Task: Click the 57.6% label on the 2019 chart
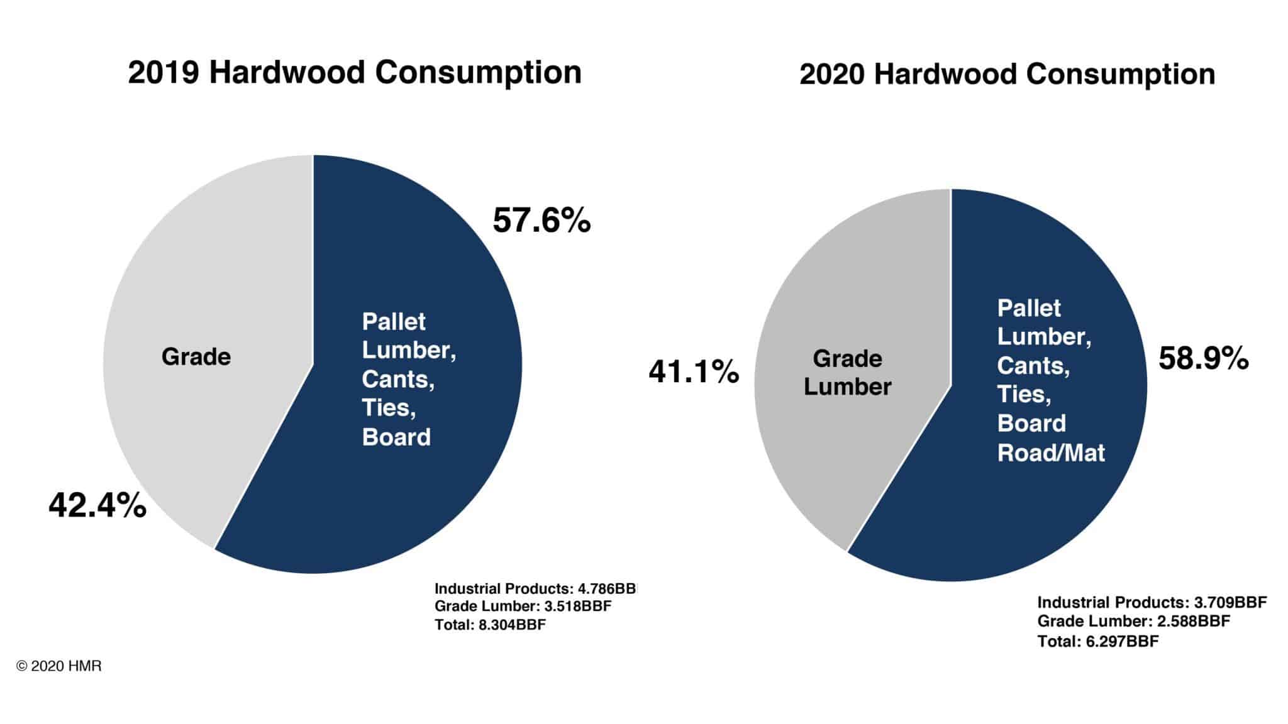[x=541, y=221]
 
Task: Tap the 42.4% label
[x=97, y=505]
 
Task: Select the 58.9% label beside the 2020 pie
[x=1203, y=359]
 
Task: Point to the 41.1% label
[x=694, y=371]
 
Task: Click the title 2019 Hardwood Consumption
[x=355, y=72]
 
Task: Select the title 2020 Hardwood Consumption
[x=1007, y=74]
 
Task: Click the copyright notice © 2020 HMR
[x=59, y=666]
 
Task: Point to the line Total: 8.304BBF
[x=490, y=625]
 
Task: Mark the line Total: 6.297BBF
[x=1097, y=641]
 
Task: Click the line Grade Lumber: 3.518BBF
[x=523, y=606]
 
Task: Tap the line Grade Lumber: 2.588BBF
[x=1133, y=622]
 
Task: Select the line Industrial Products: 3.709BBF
[x=1152, y=602]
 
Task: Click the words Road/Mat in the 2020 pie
[x=1050, y=453]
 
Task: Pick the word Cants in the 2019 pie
[x=397, y=379]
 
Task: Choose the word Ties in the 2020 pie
[x=1023, y=395]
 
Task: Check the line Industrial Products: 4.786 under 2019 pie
[x=535, y=589]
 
